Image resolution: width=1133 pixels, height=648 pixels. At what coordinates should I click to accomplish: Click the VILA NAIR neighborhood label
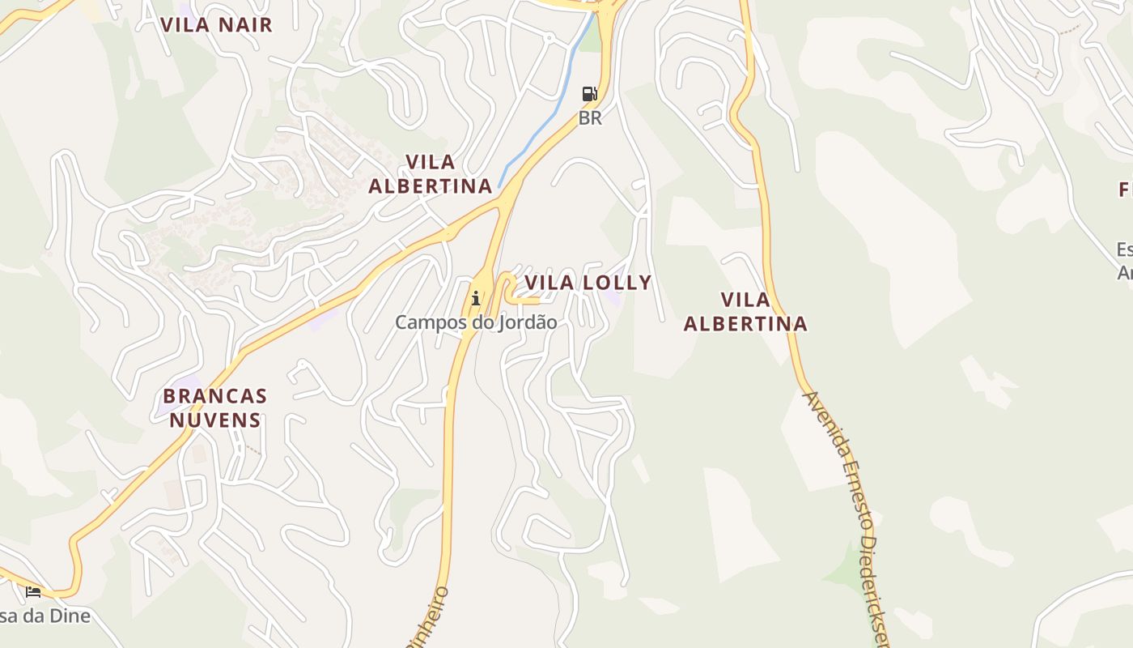coord(216,24)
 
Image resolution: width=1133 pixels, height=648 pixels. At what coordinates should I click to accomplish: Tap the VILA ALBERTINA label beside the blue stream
coord(431,174)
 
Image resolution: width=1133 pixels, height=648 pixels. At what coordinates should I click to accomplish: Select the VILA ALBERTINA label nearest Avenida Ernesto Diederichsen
coord(745,312)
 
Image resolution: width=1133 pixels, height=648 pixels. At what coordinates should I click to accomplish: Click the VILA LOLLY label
coord(588,283)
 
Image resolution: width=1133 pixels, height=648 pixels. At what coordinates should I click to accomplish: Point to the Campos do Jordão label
coord(476,322)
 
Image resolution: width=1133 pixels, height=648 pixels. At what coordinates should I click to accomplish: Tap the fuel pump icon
coord(590,94)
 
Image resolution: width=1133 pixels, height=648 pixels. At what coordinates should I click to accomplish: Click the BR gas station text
coord(590,118)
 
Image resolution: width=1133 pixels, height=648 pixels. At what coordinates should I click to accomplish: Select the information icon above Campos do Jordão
coord(476,299)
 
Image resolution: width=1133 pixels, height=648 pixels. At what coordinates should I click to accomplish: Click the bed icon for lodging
coord(33,592)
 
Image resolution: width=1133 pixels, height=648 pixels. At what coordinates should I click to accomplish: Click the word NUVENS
coord(215,420)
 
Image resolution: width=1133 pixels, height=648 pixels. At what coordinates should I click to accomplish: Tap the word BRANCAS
coord(215,396)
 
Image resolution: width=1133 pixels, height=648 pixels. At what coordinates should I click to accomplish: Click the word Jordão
coord(530,322)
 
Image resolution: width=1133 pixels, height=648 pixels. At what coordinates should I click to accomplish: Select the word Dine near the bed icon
coord(66,616)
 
